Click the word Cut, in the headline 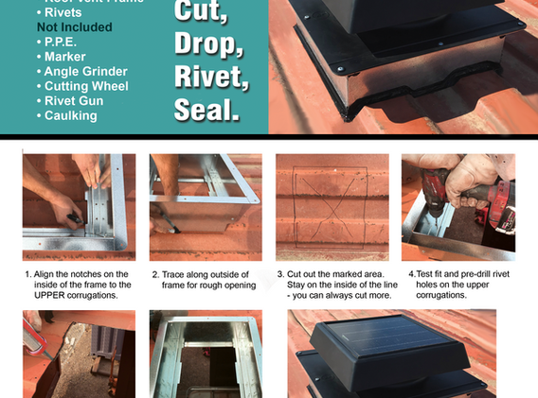(201, 12)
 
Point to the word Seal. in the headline (206, 111)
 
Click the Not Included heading (74, 27)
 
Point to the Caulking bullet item (74, 115)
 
